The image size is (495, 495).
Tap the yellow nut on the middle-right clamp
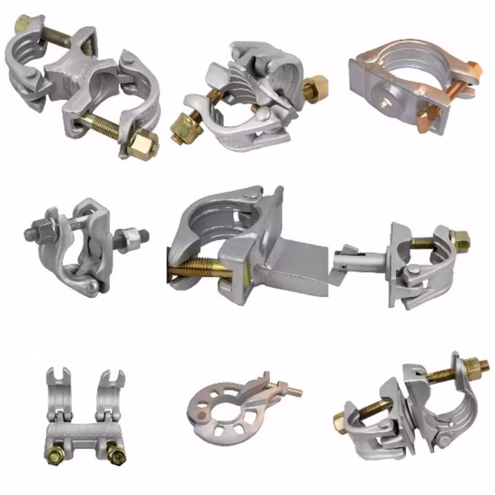(458, 240)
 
